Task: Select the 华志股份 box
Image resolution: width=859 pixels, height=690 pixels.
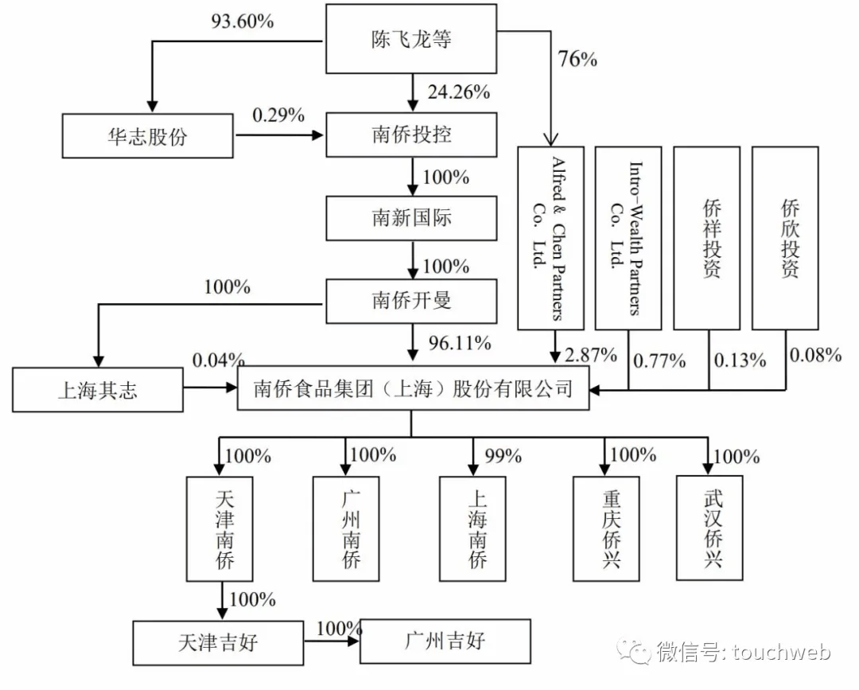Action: [148, 135]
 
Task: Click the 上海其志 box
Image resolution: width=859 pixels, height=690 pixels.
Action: [97, 391]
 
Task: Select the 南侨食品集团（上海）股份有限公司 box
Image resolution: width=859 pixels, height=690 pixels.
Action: [414, 389]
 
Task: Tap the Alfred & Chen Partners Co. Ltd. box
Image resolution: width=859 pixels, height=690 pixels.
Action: [550, 238]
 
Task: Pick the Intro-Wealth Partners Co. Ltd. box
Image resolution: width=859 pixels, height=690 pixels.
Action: [628, 238]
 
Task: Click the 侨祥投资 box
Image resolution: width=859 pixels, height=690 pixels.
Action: [706, 238]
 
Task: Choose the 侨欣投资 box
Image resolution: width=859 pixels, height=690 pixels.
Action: [785, 238]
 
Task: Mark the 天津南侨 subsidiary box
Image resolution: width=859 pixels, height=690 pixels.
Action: [220, 528]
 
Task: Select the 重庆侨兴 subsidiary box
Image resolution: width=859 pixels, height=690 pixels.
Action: [607, 528]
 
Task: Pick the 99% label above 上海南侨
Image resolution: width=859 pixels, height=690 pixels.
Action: [503, 456]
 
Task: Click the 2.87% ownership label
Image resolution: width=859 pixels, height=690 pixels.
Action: [590, 355]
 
